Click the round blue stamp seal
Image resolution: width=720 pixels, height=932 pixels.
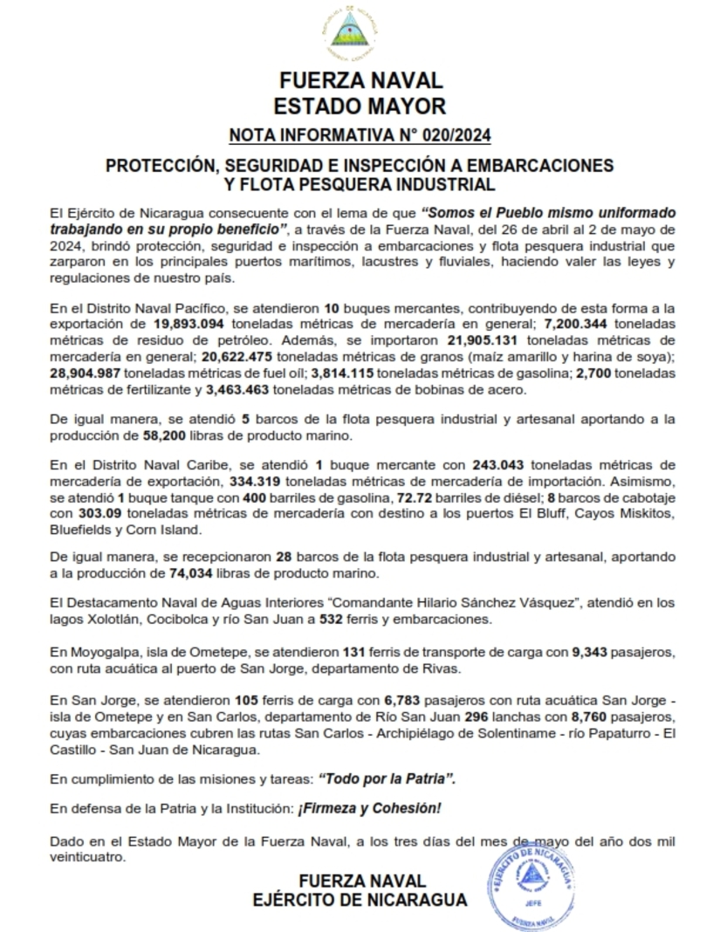[x=532, y=885]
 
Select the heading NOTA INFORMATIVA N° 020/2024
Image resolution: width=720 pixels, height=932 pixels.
[x=360, y=134]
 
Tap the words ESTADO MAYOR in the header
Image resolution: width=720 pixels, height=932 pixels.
[x=360, y=106]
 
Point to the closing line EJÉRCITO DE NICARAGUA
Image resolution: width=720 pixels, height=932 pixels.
[x=360, y=900]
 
